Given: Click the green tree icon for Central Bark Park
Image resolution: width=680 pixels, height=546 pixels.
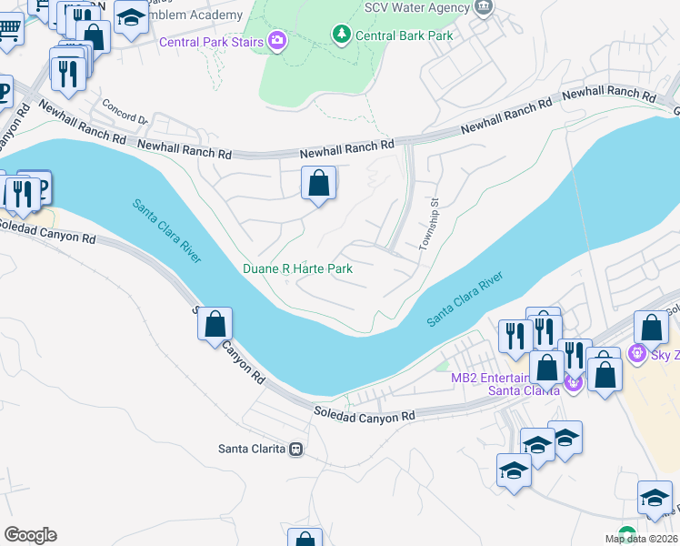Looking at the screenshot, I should [341, 35].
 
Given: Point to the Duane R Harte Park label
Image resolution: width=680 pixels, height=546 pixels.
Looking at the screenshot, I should [296, 268].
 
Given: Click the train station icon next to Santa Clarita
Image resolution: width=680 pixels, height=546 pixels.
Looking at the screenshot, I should [295, 449].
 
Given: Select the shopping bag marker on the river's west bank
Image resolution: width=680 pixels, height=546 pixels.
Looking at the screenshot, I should [215, 324].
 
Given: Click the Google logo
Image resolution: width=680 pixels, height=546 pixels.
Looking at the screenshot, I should [30, 535].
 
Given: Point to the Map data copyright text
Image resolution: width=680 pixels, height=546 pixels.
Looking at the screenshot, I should [642, 539].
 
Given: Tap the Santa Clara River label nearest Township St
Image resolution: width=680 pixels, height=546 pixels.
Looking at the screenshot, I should [466, 299].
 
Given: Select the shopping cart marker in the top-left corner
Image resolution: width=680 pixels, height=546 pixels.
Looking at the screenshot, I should [9, 30].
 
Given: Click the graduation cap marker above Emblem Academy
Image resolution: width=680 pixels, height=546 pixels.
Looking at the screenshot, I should [131, 18].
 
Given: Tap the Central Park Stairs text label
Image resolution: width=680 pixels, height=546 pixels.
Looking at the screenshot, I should [212, 42].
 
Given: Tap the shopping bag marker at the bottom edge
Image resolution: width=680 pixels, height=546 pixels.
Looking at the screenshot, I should [305, 539].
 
